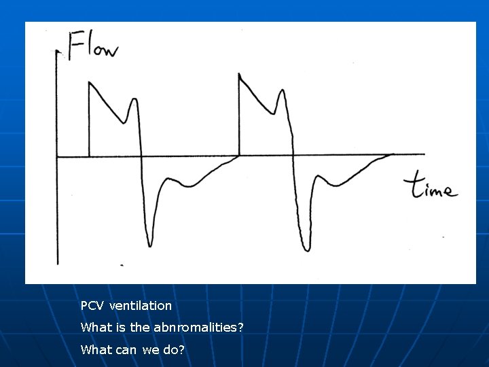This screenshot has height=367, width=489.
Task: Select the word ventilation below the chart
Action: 141,306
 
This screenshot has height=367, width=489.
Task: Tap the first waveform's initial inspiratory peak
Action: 90,82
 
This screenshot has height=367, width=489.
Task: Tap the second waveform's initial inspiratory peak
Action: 240,74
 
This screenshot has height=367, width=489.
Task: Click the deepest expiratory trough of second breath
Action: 307,249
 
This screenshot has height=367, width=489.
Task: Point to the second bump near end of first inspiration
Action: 134,100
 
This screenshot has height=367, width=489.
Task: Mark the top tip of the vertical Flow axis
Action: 56,52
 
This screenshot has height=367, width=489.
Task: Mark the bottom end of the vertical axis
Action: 58,264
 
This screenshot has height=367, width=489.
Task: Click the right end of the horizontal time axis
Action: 424,155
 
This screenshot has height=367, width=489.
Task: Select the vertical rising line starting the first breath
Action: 90,122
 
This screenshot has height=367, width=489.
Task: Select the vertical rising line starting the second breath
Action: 240,116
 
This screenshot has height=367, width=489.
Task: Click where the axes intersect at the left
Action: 57,157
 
